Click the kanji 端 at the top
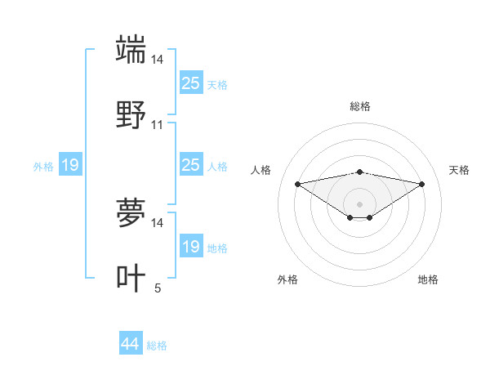(131, 49)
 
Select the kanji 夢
(131, 213)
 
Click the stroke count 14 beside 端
(158, 60)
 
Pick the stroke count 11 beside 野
(158, 125)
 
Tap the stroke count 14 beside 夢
(158, 222)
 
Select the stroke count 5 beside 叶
(158, 288)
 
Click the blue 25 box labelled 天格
(190, 83)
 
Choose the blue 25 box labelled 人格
(190, 165)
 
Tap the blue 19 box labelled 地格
(190, 247)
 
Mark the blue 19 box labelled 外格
(69, 166)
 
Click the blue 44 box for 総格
(131, 344)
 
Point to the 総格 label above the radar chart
(359, 106)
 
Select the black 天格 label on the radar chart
(459, 170)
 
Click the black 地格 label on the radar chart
(428, 279)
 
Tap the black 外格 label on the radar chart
(287, 279)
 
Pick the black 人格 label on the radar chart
(262, 170)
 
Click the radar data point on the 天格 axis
(422, 184)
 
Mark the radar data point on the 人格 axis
(297, 184)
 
